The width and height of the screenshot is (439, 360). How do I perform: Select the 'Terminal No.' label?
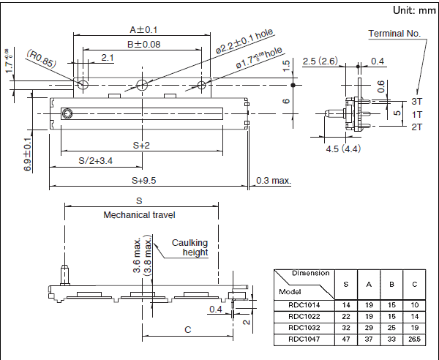pos(394,34)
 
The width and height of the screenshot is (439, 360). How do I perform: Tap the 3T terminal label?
pos(416,100)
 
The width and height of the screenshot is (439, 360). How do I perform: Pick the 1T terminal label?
pos(416,114)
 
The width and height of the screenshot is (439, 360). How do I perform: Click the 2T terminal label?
pos(416,127)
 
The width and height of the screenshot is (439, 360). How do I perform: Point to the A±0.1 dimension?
pos(143,30)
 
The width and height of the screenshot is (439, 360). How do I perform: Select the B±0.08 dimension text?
pos(143,45)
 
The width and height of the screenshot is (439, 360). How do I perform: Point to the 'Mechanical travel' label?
pos(139,214)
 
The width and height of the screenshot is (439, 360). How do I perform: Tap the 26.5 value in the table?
pos(415,340)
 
